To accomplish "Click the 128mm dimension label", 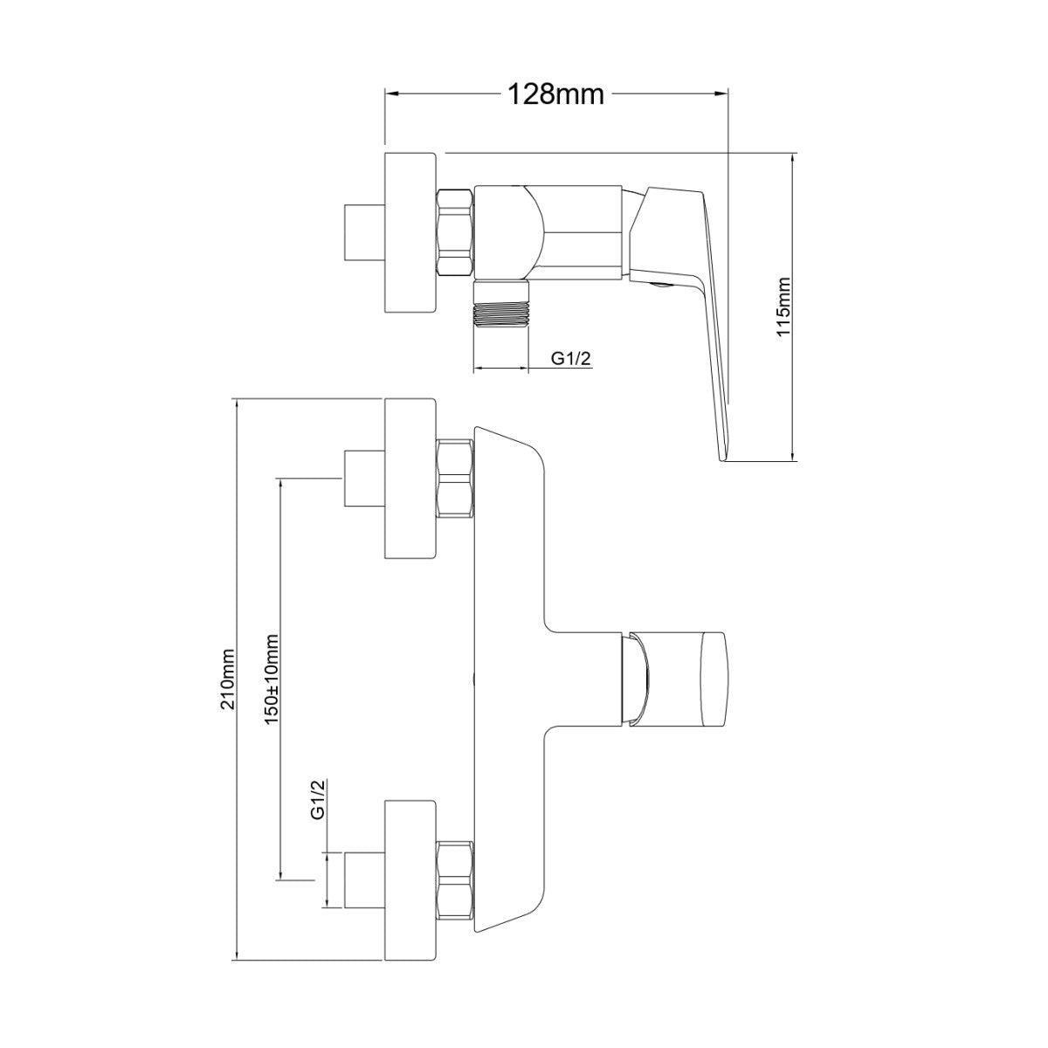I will (x=555, y=94).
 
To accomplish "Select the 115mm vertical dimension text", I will (x=783, y=306).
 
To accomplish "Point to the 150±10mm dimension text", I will (x=272, y=678).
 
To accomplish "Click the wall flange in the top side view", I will (x=410, y=235).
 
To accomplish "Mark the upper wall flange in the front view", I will (x=410, y=479).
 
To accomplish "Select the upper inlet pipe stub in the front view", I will (x=364, y=479).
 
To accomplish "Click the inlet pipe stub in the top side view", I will (x=364, y=235).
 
